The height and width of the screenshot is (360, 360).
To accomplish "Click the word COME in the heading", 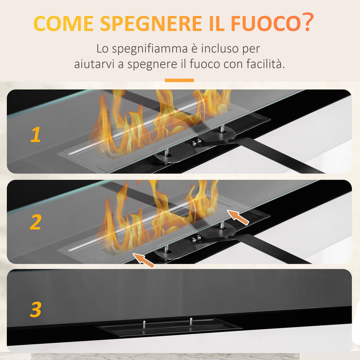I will click(x=63, y=23).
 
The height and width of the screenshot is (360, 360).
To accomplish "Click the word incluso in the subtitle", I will click(x=220, y=49).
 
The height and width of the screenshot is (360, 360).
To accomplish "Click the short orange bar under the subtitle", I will click(x=179, y=80).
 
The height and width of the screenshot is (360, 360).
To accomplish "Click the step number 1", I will click(x=36, y=135).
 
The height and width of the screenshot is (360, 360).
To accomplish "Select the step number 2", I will click(x=36, y=222).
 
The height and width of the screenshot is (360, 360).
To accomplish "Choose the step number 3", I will click(x=36, y=310).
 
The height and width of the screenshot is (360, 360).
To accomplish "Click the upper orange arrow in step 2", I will click(x=238, y=217).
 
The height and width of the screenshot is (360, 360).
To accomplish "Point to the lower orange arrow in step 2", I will click(x=144, y=260).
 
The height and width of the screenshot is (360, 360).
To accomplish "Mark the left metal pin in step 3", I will click(x=144, y=324).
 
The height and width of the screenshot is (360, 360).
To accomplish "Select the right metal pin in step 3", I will click(x=191, y=321).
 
